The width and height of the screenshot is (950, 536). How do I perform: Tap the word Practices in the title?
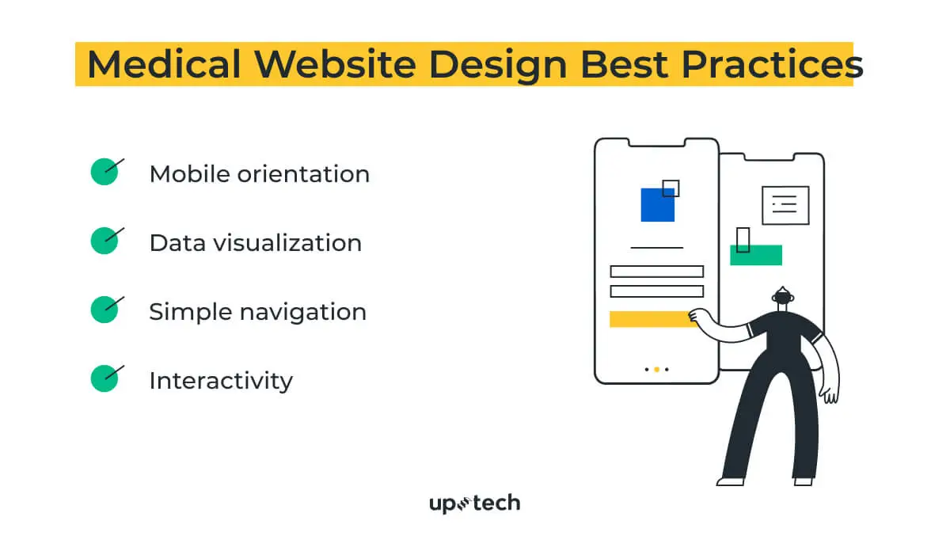(772, 65)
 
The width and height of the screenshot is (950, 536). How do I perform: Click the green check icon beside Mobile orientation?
(104, 172)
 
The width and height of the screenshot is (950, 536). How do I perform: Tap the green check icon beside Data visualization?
(104, 241)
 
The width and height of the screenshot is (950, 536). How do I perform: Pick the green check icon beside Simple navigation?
(104, 310)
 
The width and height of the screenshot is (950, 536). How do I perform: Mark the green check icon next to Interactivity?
(104, 378)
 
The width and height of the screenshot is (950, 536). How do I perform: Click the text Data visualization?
(255, 242)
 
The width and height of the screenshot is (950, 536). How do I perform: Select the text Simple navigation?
(257, 311)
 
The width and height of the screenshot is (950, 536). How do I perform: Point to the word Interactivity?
(220, 381)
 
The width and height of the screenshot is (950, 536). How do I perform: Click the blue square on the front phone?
(657, 204)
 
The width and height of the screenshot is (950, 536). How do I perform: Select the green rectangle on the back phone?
(755, 255)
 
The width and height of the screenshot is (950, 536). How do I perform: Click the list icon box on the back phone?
(785, 205)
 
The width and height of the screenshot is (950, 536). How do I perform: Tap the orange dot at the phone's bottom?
(657, 369)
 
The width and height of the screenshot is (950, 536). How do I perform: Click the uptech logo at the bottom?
(474, 503)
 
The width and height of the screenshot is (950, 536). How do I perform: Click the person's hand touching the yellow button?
(697, 316)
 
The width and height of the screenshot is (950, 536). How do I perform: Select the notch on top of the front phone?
(655, 143)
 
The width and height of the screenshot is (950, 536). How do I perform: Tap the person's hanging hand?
(828, 391)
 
